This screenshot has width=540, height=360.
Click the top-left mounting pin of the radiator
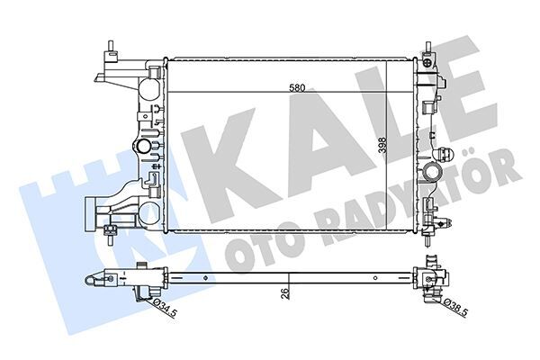click(x=108, y=48)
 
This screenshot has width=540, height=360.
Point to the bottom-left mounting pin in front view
click(x=108, y=236)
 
